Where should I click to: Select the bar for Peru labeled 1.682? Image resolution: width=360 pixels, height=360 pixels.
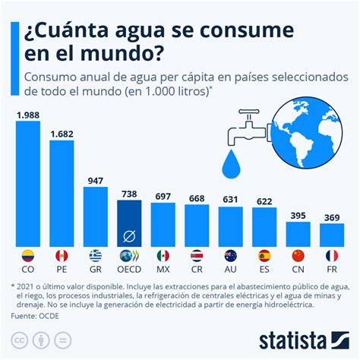click(62, 193)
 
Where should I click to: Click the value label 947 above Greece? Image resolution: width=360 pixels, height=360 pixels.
click(95, 181)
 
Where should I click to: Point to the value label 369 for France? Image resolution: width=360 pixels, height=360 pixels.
click(331, 218)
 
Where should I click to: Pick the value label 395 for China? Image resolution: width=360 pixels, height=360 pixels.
click(298, 216)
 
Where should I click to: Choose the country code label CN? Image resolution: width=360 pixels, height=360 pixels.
click(298, 268)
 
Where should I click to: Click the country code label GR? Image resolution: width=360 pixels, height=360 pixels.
click(95, 268)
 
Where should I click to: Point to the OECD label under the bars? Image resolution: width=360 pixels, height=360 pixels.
click(129, 268)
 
